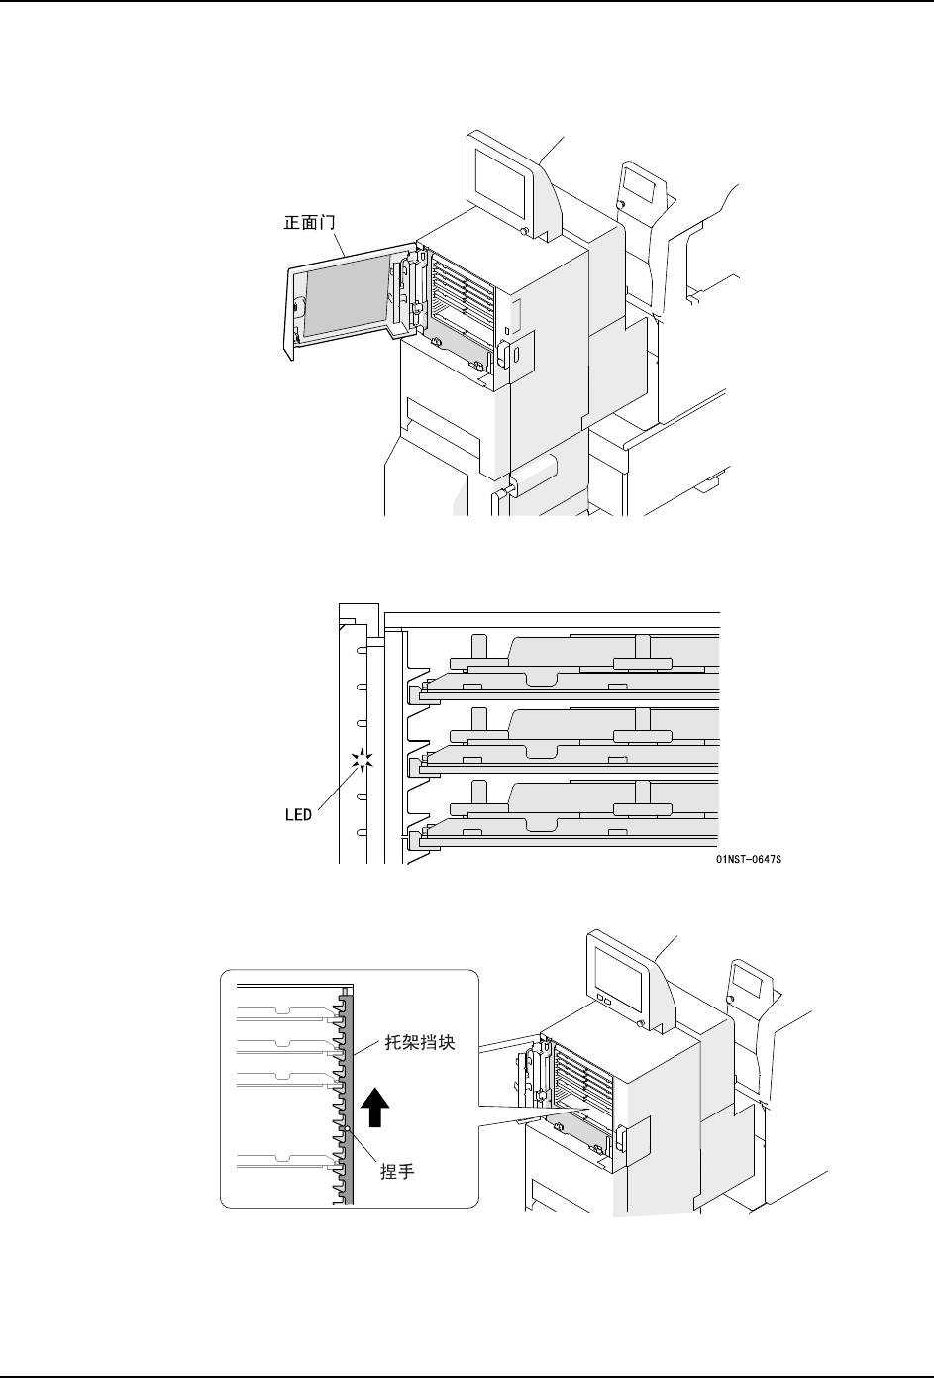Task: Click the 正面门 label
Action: click(x=309, y=222)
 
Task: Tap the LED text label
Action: click(x=299, y=815)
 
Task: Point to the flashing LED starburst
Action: click(x=363, y=761)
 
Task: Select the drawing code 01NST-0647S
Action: click(x=749, y=859)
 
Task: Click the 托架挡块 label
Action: click(x=420, y=1043)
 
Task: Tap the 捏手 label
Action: click(x=398, y=1171)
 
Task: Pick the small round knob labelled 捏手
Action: click(x=348, y=1128)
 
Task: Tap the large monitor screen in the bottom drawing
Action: click(x=617, y=975)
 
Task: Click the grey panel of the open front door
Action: click(x=345, y=296)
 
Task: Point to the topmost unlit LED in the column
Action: click(x=362, y=650)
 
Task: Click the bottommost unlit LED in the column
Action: click(x=362, y=833)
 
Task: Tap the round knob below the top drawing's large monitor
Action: click(x=524, y=231)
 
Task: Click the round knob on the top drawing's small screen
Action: click(x=621, y=204)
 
